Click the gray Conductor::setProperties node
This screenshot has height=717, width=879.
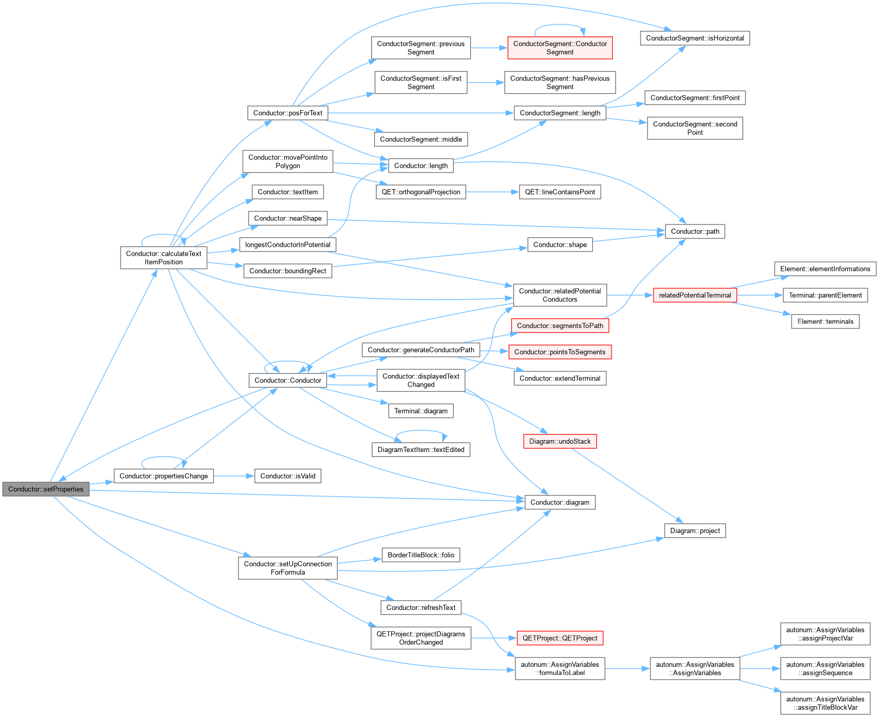[x=46, y=489]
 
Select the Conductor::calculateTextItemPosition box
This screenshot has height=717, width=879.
[x=164, y=258]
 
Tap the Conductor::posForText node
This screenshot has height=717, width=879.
[x=288, y=113]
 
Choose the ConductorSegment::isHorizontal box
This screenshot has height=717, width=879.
[x=695, y=38]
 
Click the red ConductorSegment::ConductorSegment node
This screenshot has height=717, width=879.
[x=560, y=48]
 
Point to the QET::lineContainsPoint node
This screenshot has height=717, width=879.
[x=560, y=192]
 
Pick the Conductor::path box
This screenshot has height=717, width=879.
[x=695, y=231]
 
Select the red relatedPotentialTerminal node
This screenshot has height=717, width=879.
[x=695, y=295]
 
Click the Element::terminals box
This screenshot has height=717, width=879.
[x=825, y=322]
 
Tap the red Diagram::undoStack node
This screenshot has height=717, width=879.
[x=560, y=441]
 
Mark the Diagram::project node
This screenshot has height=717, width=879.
[x=695, y=530]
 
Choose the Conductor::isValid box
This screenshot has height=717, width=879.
[x=288, y=476]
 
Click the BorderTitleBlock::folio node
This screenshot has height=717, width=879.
[x=421, y=555]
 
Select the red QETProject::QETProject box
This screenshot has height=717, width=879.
[x=560, y=638]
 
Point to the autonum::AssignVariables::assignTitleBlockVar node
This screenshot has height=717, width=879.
[x=825, y=703]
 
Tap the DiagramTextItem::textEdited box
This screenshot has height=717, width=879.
[x=421, y=449]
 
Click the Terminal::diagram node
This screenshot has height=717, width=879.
[x=421, y=411]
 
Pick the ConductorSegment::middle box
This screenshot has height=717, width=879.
[x=421, y=139]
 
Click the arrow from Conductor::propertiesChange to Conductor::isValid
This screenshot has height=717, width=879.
[x=234, y=476]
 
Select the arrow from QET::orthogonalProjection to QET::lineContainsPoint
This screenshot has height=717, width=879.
[x=492, y=192]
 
